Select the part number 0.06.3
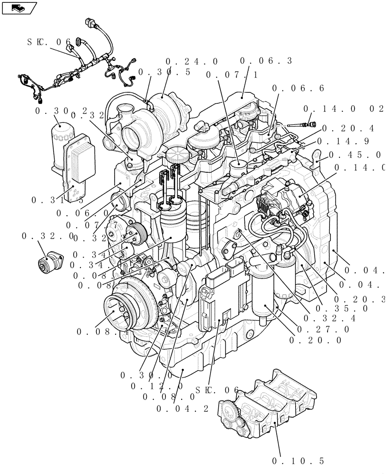click(266, 61)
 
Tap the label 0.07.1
click(232, 75)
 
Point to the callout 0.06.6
click(298, 88)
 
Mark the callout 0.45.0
click(356, 155)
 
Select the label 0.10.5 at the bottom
click(298, 461)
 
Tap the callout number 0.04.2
click(182, 408)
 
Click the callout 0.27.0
click(323, 329)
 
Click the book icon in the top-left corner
click(19, 8)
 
